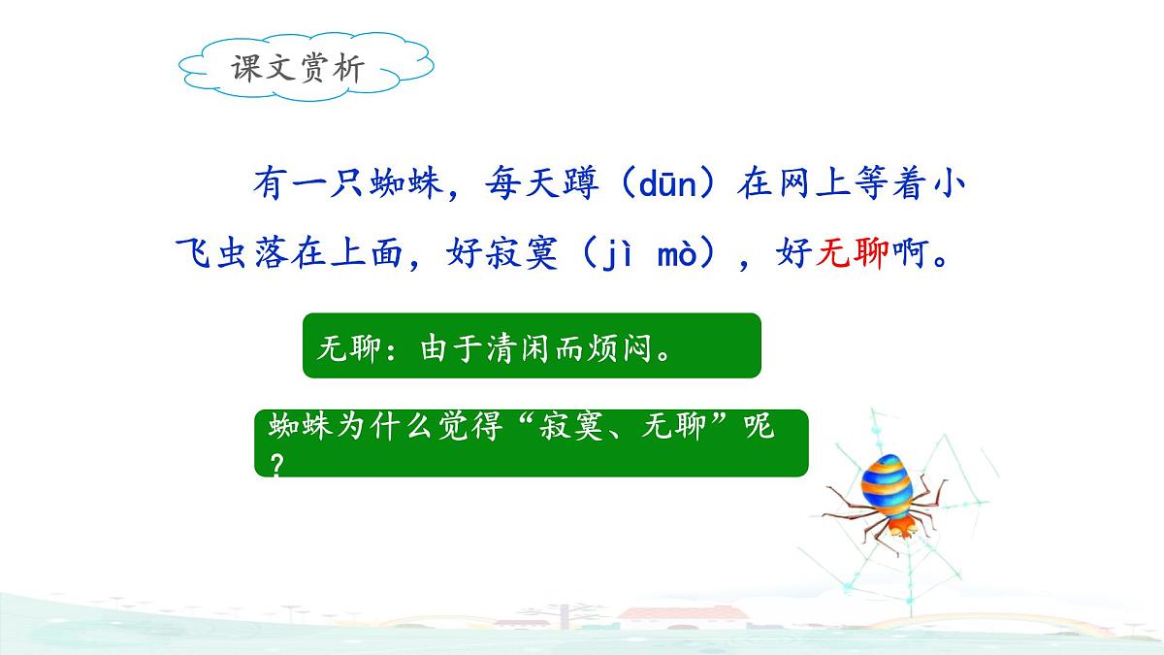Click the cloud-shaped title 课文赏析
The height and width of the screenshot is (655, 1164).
click(298, 68)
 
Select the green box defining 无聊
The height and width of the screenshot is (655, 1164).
click(532, 345)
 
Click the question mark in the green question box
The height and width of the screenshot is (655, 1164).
click(277, 465)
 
